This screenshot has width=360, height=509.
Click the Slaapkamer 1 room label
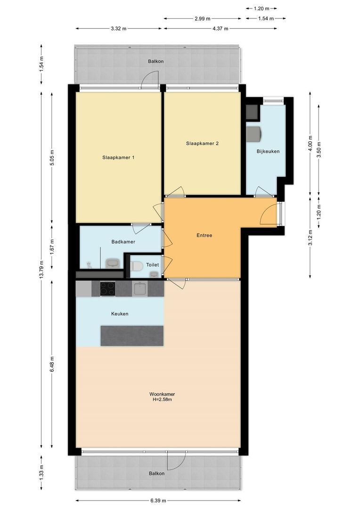(x=118, y=157)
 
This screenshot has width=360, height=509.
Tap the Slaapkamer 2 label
(x=202, y=143)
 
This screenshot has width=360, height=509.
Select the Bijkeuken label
(x=268, y=151)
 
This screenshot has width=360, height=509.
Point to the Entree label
(x=204, y=235)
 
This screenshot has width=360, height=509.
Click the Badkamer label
(x=123, y=241)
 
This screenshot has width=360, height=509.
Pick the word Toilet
(x=152, y=265)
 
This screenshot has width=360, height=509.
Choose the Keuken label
(x=120, y=314)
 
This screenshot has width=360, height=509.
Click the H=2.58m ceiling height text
(x=162, y=400)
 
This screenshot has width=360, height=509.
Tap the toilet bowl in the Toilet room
(x=137, y=266)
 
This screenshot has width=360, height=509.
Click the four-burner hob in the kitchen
(x=107, y=288)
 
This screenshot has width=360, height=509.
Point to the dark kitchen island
(x=132, y=336)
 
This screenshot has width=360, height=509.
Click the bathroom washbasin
(x=113, y=263)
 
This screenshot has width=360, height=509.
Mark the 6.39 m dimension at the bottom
(x=158, y=501)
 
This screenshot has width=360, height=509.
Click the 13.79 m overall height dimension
(x=41, y=270)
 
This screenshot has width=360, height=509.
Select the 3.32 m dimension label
(x=118, y=29)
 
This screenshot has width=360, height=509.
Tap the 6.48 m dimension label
(x=52, y=364)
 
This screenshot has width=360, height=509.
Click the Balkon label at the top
(x=156, y=61)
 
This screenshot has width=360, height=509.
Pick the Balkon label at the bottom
(x=157, y=473)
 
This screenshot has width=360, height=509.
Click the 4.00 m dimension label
(x=310, y=143)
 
